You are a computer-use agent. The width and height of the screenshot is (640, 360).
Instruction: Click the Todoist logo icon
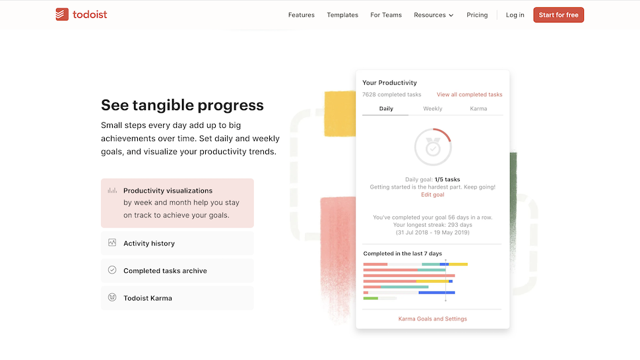click(x=62, y=15)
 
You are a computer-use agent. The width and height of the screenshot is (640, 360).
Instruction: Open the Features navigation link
click(x=301, y=15)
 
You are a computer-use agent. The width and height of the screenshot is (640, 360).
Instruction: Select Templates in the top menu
click(x=342, y=15)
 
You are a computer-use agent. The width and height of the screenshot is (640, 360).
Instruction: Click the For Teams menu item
click(x=386, y=15)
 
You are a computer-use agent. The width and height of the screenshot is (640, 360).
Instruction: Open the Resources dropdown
click(x=433, y=15)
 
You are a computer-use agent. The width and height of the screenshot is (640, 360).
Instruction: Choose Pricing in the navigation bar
click(x=477, y=15)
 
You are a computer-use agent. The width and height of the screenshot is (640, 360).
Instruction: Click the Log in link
click(x=515, y=15)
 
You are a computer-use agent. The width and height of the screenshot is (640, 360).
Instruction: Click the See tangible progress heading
click(x=182, y=105)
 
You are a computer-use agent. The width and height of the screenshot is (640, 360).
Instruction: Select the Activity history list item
click(x=149, y=243)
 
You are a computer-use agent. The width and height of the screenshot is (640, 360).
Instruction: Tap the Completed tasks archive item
click(x=165, y=271)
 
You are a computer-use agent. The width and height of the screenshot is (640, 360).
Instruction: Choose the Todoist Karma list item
click(x=148, y=298)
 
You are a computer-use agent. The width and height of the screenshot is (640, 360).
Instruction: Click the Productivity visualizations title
click(x=168, y=191)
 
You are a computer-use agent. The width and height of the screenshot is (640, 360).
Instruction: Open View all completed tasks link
click(x=469, y=95)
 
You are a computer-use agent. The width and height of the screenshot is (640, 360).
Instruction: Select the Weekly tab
click(x=433, y=109)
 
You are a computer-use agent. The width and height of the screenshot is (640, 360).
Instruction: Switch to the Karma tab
click(x=478, y=109)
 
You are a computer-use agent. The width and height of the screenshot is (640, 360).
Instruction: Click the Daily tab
click(x=386, y=109)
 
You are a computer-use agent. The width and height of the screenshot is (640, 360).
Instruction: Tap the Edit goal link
click(x=433, y=195)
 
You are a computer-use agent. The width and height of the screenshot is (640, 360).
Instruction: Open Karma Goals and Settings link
click(x=433, y=319)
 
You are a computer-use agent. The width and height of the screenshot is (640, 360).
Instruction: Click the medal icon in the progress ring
click(x=433, y=147)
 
